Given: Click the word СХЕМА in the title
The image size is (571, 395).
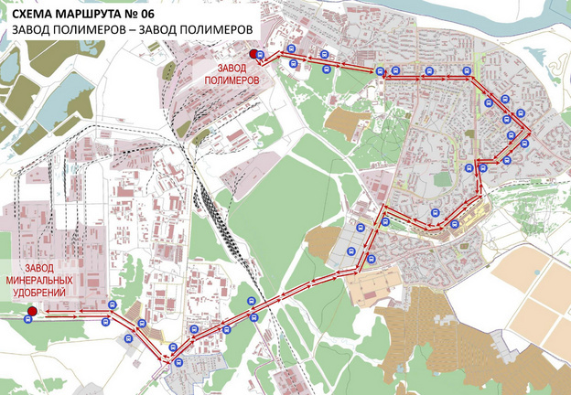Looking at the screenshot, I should (x=38, y=12).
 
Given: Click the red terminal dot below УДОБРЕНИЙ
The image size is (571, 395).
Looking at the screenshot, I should (x=31, y=312).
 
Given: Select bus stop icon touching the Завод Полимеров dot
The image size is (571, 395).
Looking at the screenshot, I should (x=261, y=56).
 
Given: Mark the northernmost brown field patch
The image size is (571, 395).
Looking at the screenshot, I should (x=349, y=122).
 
